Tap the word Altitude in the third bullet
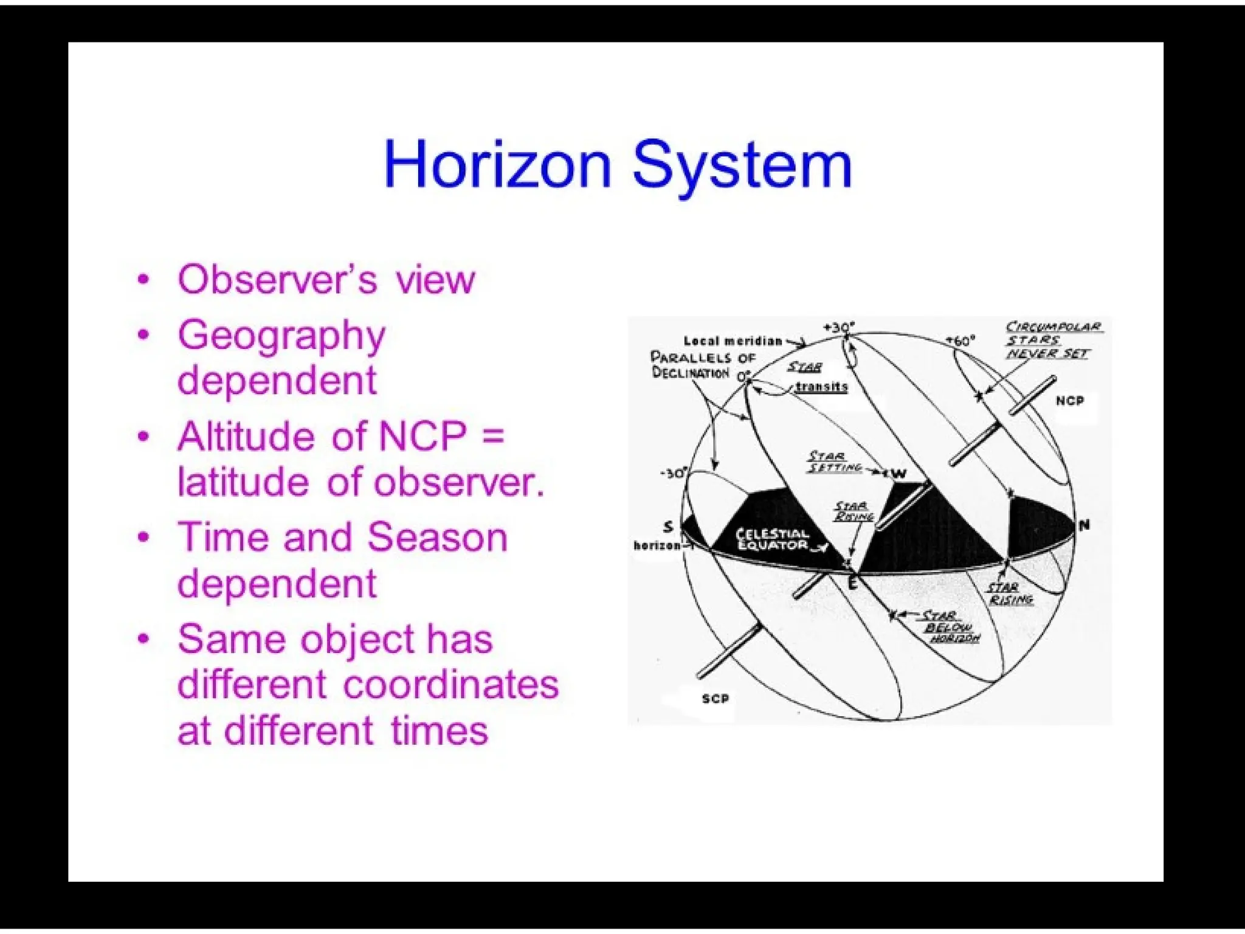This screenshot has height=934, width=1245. point(246,436)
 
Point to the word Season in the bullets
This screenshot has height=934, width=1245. point(437,538)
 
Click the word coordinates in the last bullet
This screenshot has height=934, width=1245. point(450,685)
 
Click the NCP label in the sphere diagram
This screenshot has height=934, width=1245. point(1069,401)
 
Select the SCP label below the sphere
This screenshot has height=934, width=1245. point(715,699)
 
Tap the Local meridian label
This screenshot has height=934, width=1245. point(733,341)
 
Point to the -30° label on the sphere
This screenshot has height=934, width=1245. point(674,473)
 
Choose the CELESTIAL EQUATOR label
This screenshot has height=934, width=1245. point(772,539)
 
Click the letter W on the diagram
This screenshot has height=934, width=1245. point(900,474)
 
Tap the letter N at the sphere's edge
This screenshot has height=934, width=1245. point(1084,525)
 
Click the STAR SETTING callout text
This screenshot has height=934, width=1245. point(834,462)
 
